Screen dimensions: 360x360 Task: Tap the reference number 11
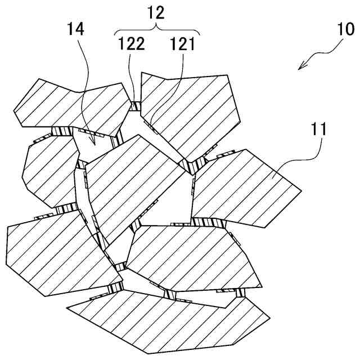point(318,130)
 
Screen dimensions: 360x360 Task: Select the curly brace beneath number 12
point(157,28)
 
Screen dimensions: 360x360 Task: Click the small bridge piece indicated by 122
point(136,105)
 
